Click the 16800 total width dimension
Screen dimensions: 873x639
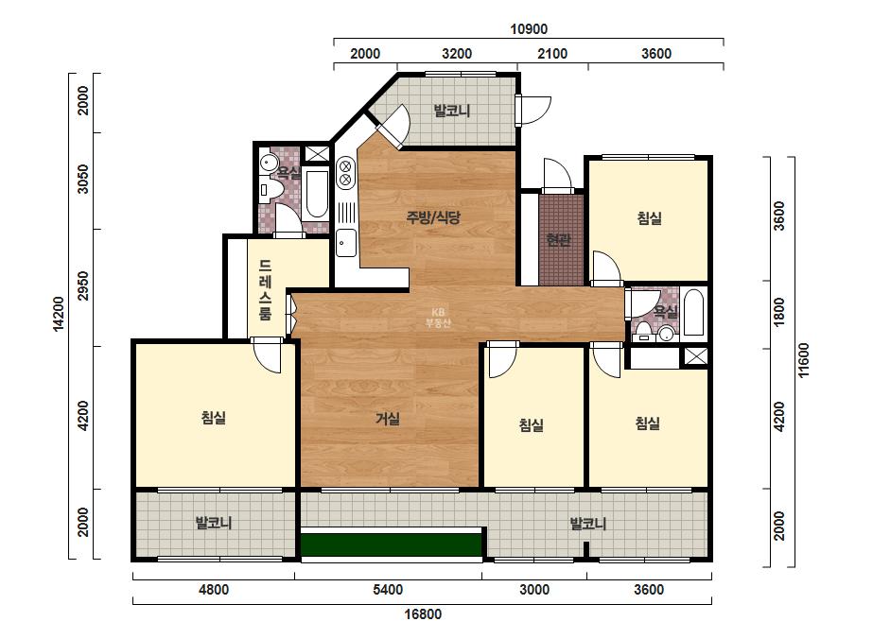point(423,614)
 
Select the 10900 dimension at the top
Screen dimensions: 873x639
point(529,29)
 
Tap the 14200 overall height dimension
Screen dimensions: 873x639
point(59,314)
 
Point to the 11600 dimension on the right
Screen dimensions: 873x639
point(803,360)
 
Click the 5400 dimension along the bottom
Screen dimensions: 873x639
point(388,590)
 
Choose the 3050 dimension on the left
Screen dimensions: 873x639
point(82,180)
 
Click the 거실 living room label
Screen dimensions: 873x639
point(388,418)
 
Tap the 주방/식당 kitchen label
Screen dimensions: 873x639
point(433,217)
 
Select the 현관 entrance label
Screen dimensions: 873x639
point(558,240)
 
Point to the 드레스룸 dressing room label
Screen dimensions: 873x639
point(266,289)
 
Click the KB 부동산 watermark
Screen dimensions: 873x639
point(438,318)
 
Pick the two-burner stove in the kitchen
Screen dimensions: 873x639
point(345,173)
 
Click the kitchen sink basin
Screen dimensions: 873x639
point(346,243)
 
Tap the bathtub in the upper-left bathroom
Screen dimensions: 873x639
point(317,195)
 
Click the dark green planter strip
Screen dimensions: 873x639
point(391,544)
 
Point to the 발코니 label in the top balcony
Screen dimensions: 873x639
point(452,111)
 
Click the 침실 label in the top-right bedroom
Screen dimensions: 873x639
point(649,217)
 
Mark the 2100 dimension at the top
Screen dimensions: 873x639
point(552,54)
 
